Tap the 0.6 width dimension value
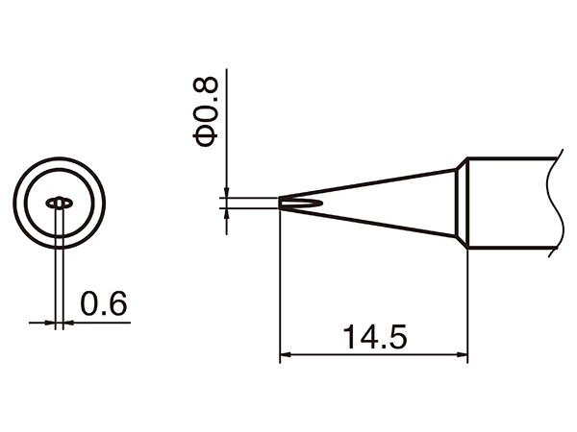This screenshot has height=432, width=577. point(104,304)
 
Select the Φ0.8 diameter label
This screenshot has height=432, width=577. point(207,112)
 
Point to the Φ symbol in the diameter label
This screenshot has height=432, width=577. point(207,137)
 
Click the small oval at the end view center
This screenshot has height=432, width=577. point(59,204)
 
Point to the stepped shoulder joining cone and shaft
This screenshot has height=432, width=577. point(461,204)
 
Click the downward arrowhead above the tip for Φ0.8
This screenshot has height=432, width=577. point(225,191)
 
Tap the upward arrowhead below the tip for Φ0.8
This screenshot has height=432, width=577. point(225,214)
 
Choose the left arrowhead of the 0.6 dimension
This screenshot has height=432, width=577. point(52,323)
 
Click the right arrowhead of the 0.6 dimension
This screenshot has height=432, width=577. point(68,323)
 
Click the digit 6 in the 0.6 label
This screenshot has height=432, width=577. point(117,304)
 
